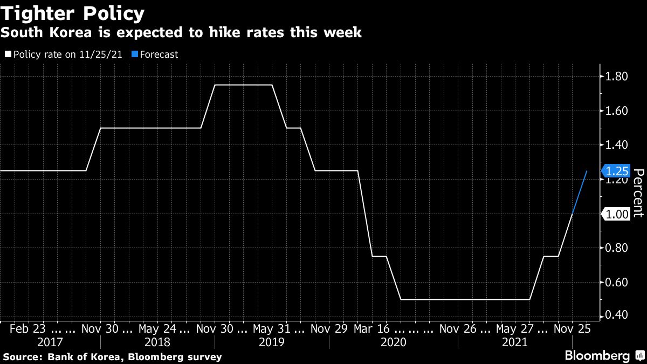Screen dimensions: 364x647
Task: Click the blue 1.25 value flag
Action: tap(617, 171)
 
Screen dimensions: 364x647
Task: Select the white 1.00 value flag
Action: tap(617, 214)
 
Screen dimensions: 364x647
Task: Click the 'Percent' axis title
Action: tap(638, 193)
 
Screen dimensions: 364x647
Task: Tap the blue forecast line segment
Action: tap(579, 193)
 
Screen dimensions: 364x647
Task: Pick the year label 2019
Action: tap(272, 342)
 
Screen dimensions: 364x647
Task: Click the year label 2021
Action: tap(515, 342)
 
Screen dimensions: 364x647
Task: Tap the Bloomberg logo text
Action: tap(597, 356)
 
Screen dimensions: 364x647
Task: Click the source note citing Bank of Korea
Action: tap(112, 357)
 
